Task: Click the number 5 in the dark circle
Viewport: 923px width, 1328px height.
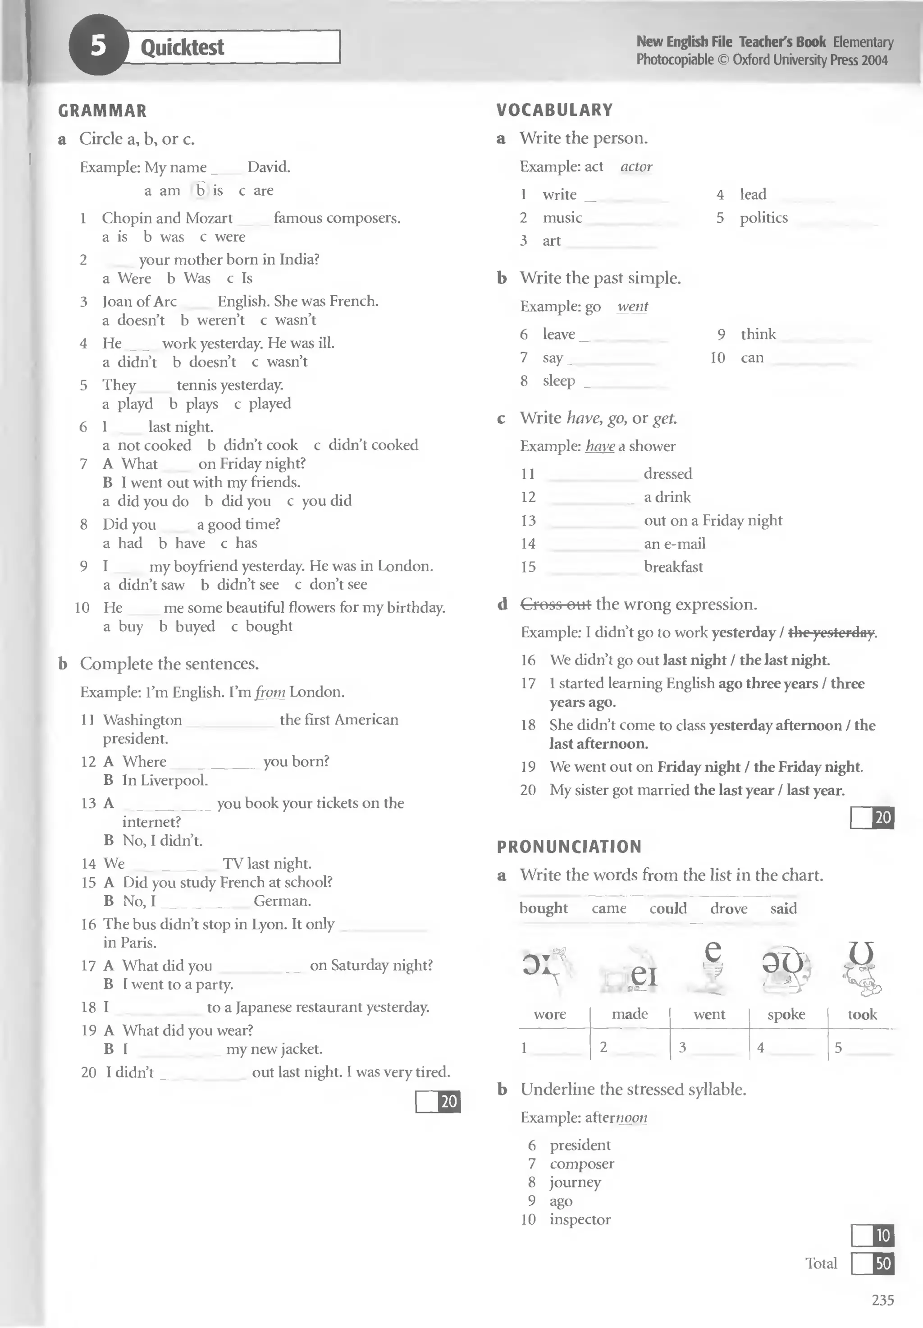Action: click(98, 45)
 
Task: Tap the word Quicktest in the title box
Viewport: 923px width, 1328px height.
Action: click(182, 47)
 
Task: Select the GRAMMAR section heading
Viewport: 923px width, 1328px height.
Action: click(102, 111)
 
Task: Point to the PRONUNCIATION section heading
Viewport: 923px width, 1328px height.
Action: click(569, 847)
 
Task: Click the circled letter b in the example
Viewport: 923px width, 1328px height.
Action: click(201, 190)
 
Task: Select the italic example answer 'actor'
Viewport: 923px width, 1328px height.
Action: click(636, 167)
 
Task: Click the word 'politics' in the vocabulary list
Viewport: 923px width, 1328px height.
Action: click(763, 218)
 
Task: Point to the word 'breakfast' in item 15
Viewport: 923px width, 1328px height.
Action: click(673, 567)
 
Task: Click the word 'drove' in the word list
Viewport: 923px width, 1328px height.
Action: click(729, 909)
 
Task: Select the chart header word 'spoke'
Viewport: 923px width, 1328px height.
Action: click(786, 1015)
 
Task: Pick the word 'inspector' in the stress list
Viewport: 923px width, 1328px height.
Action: click(580, 1219)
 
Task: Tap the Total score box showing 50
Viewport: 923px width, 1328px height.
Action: click(873, 1264)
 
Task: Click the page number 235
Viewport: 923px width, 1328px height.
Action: click(882, 1300)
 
